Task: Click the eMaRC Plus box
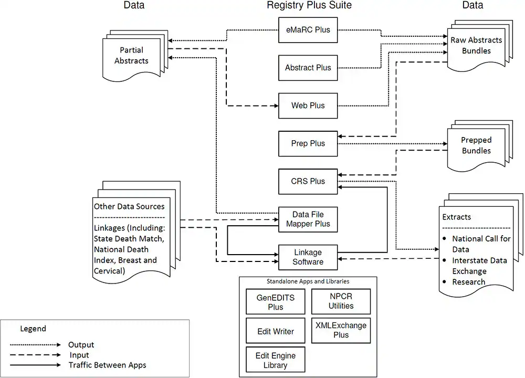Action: [308, 30]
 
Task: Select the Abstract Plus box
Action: [308, 68]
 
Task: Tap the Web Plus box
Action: [308, 106]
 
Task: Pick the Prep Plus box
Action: [308, 143]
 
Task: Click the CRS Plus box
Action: [308, 181]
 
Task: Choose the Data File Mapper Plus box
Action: [308, 219]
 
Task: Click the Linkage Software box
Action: [308, 257]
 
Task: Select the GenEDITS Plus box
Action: [276, 302]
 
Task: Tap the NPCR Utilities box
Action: [341, 301]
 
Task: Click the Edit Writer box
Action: [276, 331]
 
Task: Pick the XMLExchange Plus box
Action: [341, 330]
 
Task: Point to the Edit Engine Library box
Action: [276, 360]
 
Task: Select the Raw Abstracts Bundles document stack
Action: [476, 46]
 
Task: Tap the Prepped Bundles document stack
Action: [476, 146]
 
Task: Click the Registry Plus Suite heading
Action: [309, 6]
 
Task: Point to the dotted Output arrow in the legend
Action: [36, 345]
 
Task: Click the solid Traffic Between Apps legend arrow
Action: [36, 365]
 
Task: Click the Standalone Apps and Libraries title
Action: [308, 282]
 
